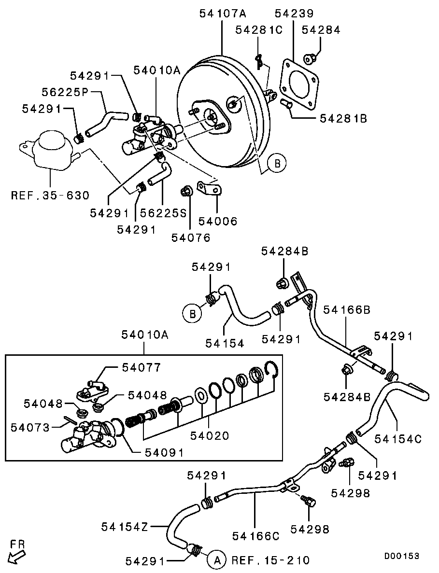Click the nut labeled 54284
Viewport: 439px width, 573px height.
[309, 59]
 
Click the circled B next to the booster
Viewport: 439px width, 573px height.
[277, 164]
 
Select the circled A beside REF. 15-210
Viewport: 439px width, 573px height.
[216, 560]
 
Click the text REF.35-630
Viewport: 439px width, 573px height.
[50, 196]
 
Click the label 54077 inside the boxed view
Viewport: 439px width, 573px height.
[141, 368]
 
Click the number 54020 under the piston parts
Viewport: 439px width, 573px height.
[209, 435]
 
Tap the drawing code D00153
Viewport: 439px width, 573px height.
[401, 556]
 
